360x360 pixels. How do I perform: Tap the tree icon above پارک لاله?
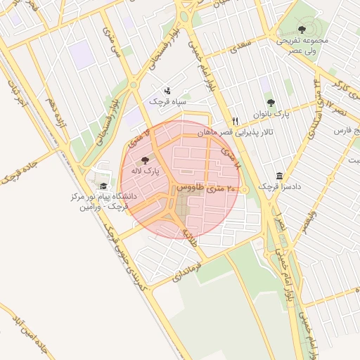146,160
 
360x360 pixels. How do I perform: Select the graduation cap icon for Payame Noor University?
104,186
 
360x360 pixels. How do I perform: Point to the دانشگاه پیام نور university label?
98,202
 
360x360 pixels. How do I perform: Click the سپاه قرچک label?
167,101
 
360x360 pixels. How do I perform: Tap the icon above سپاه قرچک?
167,91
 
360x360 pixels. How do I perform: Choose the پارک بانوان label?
272,112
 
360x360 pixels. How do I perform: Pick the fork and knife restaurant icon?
236,121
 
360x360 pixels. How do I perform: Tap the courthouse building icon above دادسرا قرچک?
280,175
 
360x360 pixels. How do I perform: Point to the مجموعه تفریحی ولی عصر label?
304,46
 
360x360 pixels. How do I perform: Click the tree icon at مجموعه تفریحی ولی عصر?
302,30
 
